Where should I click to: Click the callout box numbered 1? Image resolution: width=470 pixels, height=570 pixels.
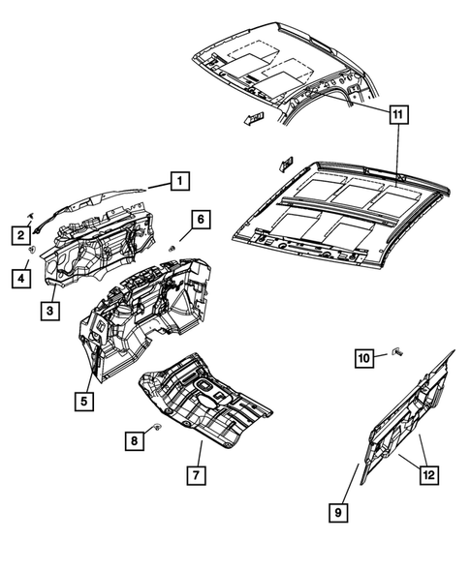click(x=180, y=179)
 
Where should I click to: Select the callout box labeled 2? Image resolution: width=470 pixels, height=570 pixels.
click(x=19, y=233)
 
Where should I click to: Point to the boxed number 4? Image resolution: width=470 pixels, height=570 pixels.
click(x=19, y=279)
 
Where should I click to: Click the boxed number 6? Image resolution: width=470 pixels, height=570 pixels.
click(x=199, y=220)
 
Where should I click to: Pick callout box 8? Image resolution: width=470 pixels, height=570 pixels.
click(x=137, y=440)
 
